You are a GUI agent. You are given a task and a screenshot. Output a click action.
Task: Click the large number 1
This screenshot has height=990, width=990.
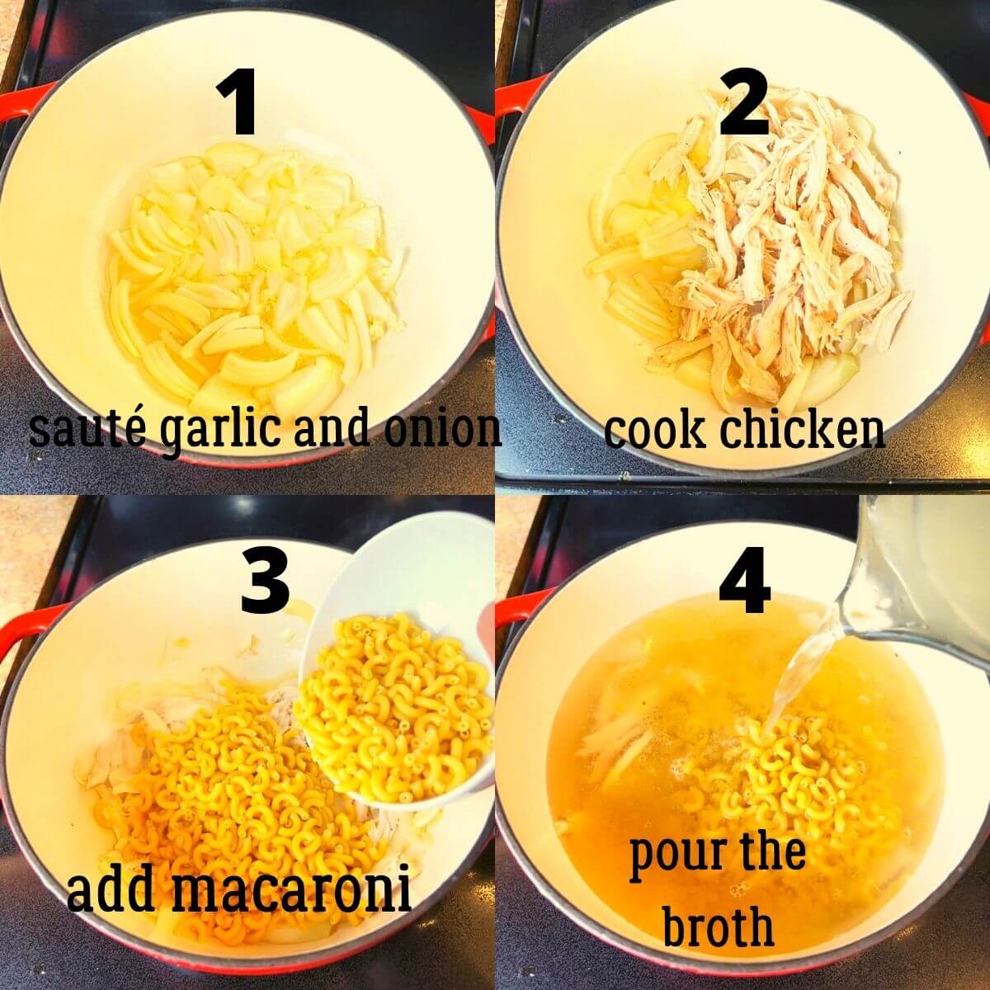point(242,102)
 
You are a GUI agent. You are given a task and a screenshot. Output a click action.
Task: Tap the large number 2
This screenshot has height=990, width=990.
point(744,102)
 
